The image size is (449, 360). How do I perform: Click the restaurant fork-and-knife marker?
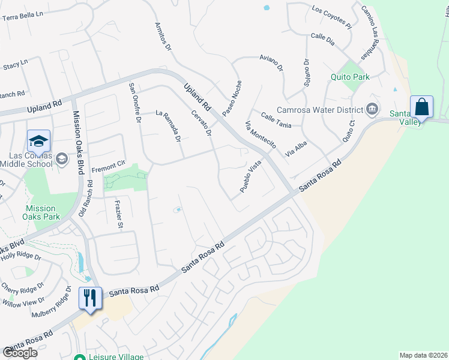(90, 298)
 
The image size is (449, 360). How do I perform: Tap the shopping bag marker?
(422, 107)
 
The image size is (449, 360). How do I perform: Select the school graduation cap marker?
(38, 142)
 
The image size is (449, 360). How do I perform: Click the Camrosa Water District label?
(319, 110)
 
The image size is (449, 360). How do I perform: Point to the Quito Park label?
(350, 77)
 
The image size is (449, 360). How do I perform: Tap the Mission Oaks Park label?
(40, 213)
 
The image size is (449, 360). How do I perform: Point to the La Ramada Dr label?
(168, 126)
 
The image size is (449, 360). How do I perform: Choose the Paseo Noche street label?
(231, 98)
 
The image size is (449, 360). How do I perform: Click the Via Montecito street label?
(261, 136)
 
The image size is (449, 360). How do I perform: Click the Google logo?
(20, 353)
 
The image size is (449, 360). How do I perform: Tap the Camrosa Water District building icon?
(372, 109)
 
